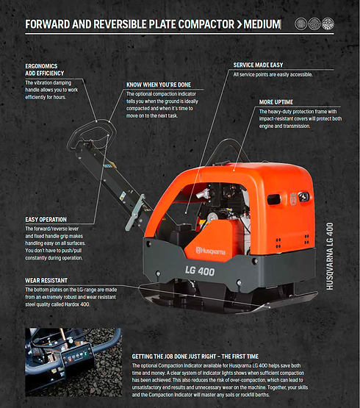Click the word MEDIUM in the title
[262, 24]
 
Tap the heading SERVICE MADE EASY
[258, 65]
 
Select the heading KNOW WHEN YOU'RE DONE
[159, 85]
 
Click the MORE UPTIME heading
[276, 102]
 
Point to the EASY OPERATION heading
[46, 220]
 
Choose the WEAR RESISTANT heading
[46, 281]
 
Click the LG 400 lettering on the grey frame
[200, 271]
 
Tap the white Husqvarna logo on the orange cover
[211, 251]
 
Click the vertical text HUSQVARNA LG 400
[330, 256]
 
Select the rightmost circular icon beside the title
[328, 24]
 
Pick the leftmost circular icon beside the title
[301, 24]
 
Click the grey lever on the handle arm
[135, 212]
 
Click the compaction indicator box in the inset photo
[77, 355]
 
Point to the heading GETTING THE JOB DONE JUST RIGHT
[195, 357]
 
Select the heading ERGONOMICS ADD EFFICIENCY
[45, 70]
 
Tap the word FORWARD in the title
[48, 24]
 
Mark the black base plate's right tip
[317, 293]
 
